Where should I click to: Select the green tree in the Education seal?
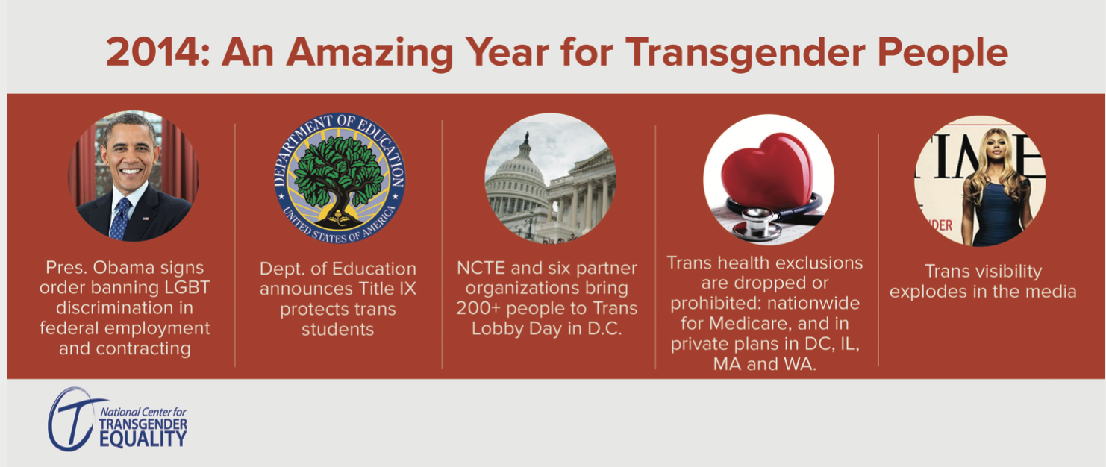click(x=339, y=176)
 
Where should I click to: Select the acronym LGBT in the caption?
click(x=187, y=287)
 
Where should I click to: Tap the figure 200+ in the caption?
click(x=478, y=309)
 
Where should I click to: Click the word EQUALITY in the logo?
click(x=143, y=439)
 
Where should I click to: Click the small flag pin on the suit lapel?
click(x=146, y=218)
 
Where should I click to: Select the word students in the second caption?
click(x=338, y=329)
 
